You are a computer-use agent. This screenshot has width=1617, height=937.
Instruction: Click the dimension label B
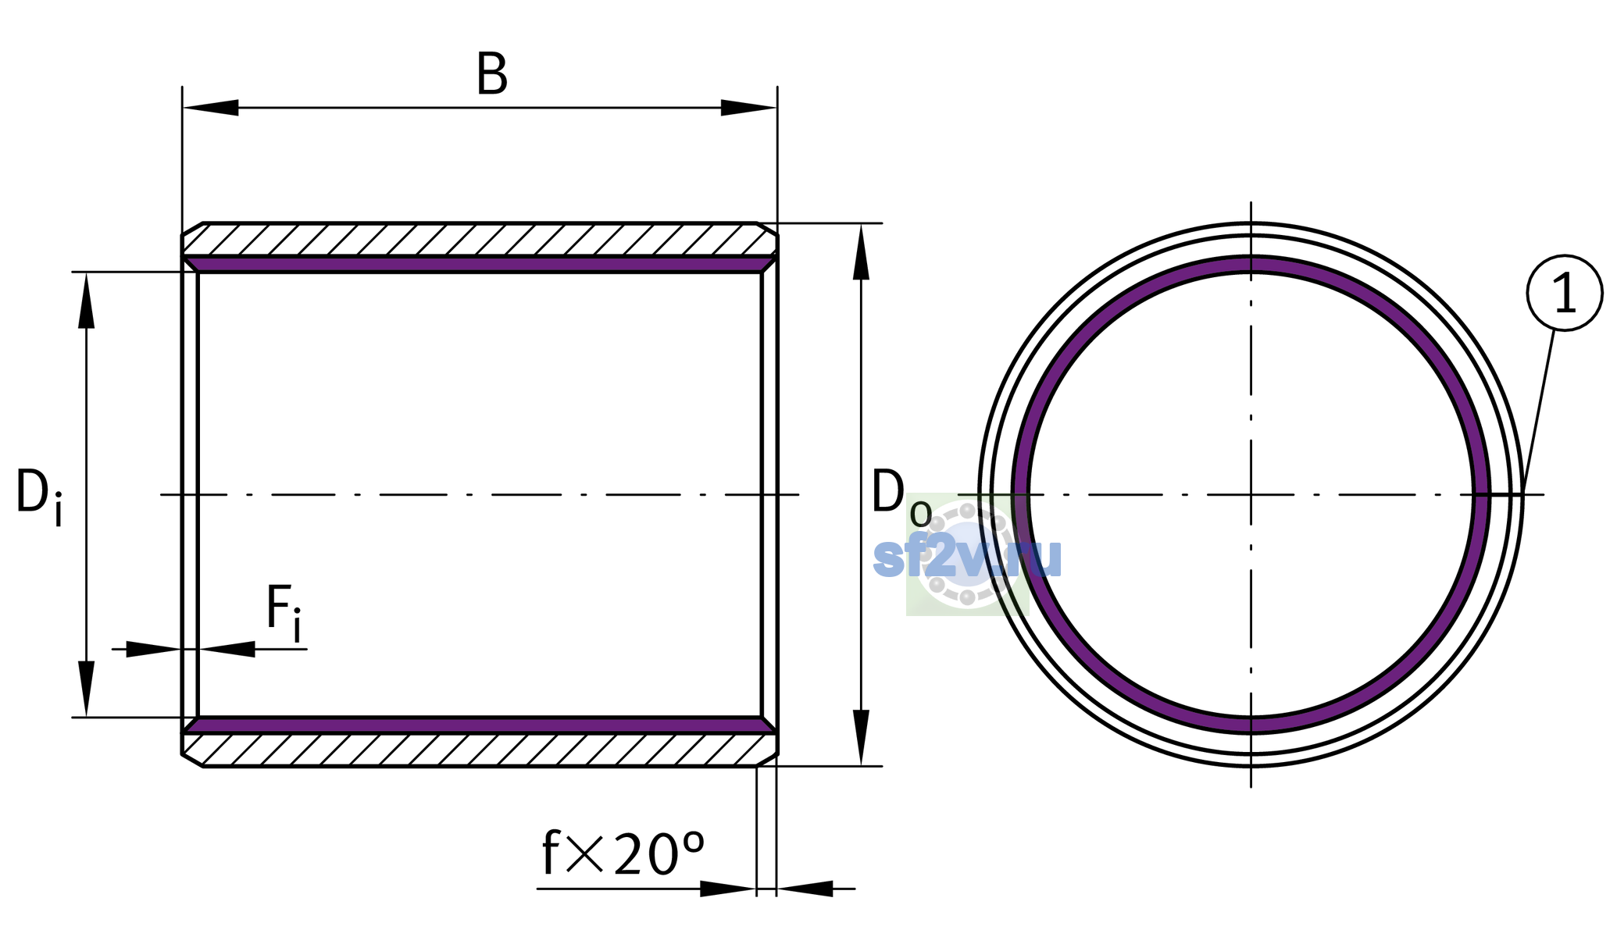point(492,75)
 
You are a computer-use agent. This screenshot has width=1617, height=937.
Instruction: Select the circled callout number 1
point(1564,293)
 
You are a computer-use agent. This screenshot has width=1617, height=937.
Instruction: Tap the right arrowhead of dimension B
point(748,108)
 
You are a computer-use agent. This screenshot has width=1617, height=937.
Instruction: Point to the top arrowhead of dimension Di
point(86,301)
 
